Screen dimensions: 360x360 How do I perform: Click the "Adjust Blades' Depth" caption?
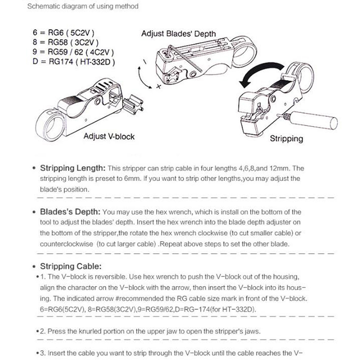(179, 34)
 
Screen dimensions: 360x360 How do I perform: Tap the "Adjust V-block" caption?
(109, 136)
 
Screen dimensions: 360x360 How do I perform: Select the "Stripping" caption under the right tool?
(286, 138)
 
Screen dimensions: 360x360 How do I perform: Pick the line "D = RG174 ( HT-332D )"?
(75, 62)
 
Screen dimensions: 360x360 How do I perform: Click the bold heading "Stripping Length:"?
(73, 169)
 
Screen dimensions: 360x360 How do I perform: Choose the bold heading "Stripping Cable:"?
(71, 266)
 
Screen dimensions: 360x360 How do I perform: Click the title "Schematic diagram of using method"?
(83, 7)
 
